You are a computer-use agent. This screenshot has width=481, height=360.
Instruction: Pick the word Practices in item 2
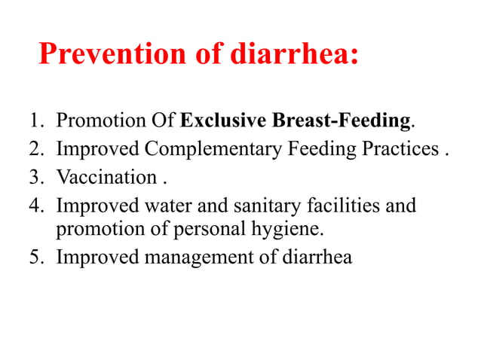point(400,149)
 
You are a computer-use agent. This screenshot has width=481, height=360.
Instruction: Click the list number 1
point(35,121)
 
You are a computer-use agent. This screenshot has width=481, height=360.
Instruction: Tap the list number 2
point(35,149)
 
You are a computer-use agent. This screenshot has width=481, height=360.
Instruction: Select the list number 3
point(35,178)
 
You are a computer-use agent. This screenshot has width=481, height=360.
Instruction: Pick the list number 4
point(35,205)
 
